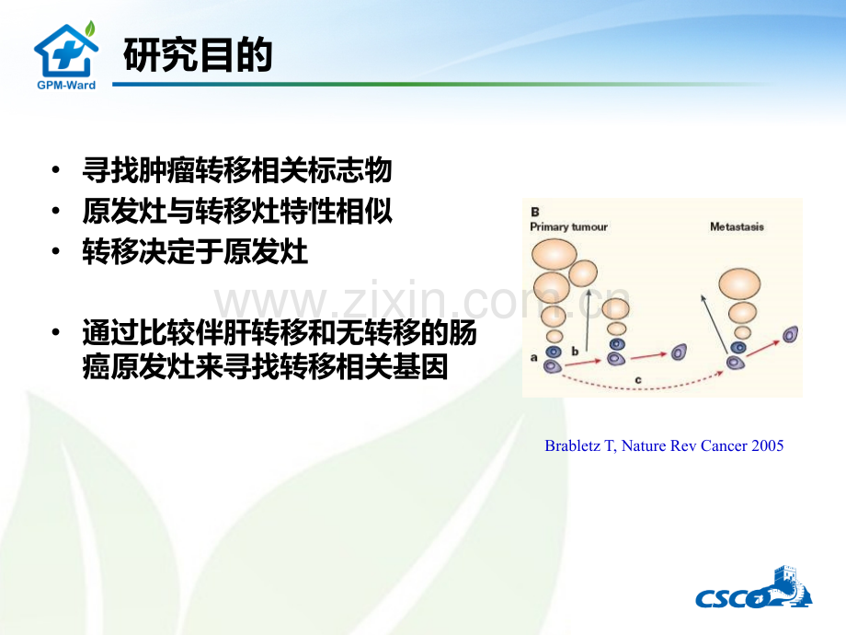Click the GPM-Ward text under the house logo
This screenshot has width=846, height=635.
coord(66,86)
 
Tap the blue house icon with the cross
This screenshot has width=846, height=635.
coord(66,51)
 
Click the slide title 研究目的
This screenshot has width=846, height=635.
coord(198,54)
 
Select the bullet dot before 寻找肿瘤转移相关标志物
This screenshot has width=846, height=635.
coord(56,170)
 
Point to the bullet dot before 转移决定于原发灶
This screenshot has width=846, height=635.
coord(56,251)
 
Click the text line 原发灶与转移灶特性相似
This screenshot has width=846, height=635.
coord(237,211)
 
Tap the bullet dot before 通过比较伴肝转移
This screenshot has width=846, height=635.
coord(56,332)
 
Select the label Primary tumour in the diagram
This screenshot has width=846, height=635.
coord(568,226)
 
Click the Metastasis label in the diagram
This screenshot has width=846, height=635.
coord(737,226)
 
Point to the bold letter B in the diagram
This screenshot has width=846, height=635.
coord(534,212)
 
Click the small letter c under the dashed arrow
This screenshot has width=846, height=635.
coord(638,380)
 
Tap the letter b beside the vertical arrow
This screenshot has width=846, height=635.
coord(575,351)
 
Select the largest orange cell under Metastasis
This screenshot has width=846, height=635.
coord(739,284)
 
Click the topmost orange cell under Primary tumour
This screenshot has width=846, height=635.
coord(554,254)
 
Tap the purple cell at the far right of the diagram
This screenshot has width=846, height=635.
coord(791,335)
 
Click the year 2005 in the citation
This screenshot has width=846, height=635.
coord(768,446)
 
